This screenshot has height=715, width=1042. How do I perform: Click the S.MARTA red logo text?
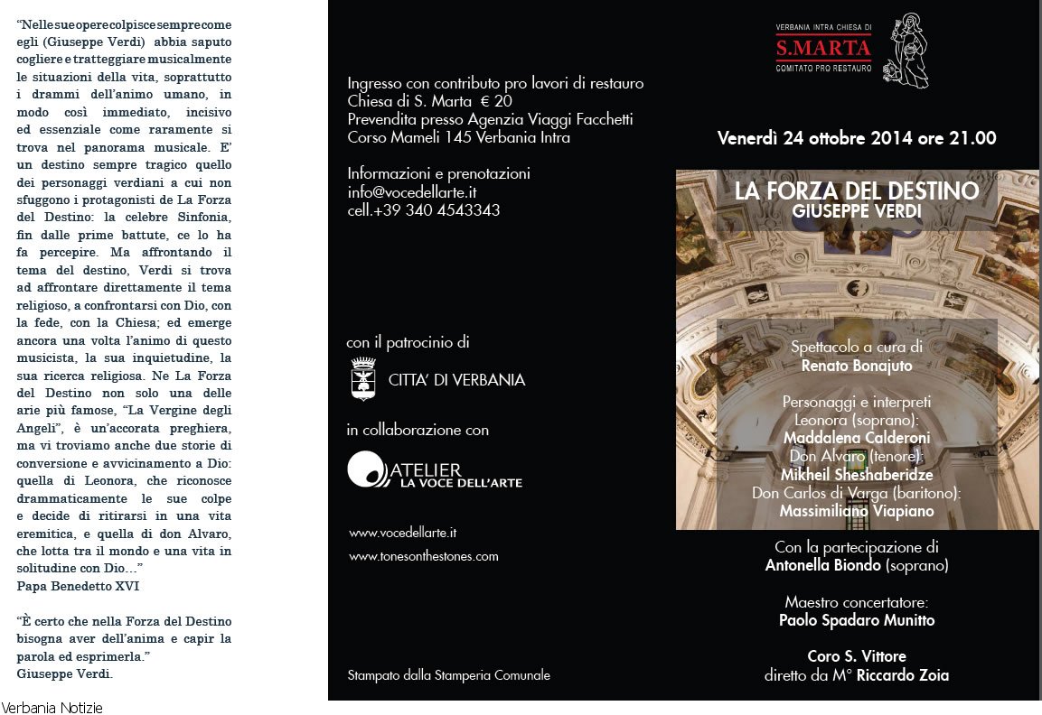click(x=822, y=48)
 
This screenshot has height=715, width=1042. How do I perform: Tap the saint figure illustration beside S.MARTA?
click(x=905, y=51)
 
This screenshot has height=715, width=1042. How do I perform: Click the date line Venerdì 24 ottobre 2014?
click(x=856, y=139)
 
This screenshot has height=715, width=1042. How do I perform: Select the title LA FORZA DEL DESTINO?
click(x=856, y=191)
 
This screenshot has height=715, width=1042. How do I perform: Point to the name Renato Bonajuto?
click(x=856, y=366)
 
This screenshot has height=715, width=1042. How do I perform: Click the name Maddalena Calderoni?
click(x=856, y=438)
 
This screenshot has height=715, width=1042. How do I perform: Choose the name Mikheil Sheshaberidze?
click(x=856, y=475)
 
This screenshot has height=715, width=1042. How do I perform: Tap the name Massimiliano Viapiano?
click(x=856, y=511)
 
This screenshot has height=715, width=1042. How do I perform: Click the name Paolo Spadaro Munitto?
click(x=856, y=620)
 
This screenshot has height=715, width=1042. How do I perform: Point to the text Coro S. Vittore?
click(x=856, y=656)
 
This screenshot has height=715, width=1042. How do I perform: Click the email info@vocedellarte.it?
click(x=411, y=192)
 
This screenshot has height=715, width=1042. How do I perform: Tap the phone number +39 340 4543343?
click(x=436, y=210)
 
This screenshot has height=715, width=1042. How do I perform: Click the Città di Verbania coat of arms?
click(x=363, y=378)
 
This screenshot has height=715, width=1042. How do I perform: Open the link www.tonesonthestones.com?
click(x=423, y=556)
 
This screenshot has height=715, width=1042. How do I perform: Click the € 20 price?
click(x=496, y=101)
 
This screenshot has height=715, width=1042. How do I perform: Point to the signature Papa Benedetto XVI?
click(x=78, y=586)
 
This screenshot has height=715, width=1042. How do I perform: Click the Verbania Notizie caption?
click(x=52, y=708)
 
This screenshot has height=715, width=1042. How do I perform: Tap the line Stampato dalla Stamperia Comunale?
click(x=448, y=675)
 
